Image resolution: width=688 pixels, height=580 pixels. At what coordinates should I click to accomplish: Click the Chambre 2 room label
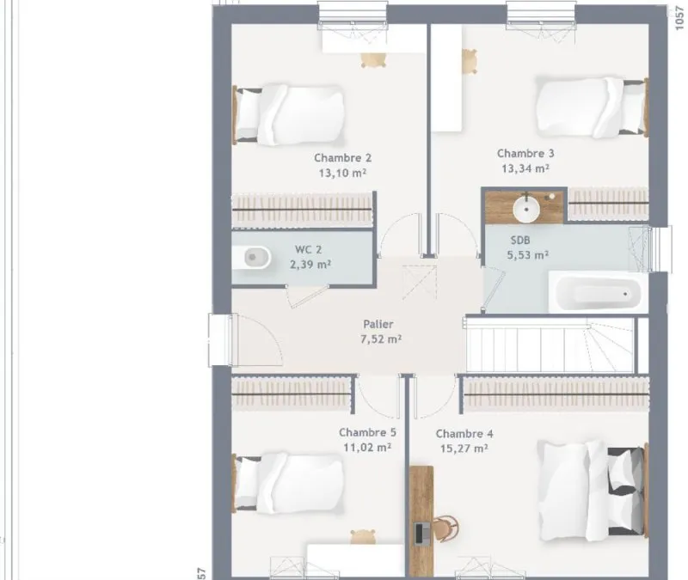click(342, 158)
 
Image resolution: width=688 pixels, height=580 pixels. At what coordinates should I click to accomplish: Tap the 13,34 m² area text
click(525, 168)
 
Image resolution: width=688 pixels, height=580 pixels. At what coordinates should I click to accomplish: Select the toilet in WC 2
click(251, 257)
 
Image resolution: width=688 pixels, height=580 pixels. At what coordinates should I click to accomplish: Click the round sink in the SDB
click(526, 210)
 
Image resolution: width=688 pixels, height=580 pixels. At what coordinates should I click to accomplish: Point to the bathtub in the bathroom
click(598, 292)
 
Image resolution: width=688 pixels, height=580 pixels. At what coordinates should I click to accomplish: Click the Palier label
click(378, 325)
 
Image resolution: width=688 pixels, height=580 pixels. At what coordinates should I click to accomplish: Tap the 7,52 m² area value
click(381, 339)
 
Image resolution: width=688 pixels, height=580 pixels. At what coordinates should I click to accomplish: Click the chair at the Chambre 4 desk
click(445, 528)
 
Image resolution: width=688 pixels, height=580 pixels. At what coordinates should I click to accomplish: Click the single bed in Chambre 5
click(288, 483)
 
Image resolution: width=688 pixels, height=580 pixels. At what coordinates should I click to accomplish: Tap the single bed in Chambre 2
click(288, 114)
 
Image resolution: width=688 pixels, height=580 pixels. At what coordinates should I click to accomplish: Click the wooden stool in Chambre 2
click(373, 60)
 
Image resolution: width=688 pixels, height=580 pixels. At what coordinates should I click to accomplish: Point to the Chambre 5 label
click(367, 433)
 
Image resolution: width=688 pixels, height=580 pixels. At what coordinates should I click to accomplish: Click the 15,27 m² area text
click(464, 449)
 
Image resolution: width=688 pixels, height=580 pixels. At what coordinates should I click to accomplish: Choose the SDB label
click(520, 241)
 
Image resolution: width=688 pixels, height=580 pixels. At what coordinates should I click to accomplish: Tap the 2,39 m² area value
click(310, 265)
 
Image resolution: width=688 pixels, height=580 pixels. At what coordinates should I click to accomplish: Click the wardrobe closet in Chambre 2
click(302, 210)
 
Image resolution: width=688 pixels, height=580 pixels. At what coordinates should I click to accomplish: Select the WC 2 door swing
click(307, 296)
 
